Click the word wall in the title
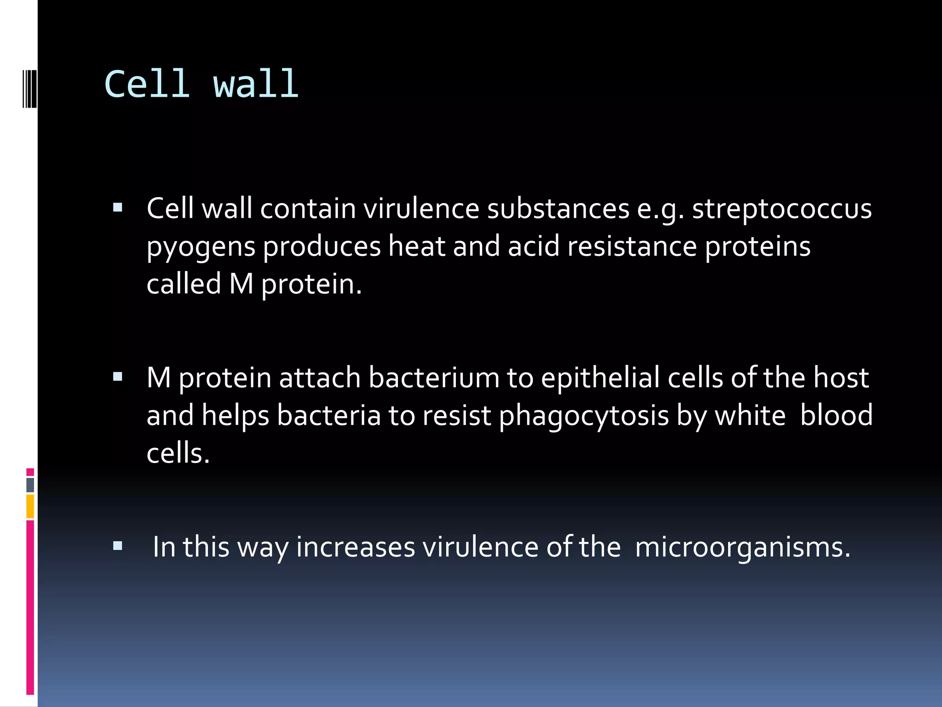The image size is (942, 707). pyautogui.click(x=256, y=84)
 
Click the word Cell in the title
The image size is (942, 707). pyautogui.click(x=147, y=84)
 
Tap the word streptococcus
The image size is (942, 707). pyautogui.click(x=781, y=209)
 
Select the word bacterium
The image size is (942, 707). pyautogui.click(x=434, y=378)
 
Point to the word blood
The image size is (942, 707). pyautogui.click(x=836, y=415)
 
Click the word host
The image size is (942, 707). pyautogui.click(x=841, y=378)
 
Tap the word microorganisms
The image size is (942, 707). pyautogui.click(x=742, y=547)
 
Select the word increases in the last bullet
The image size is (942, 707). pyautogui.click(x=355, y=547)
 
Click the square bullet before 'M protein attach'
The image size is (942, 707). pyautogui.click(x=118, y=377)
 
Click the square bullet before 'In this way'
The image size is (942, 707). pyautogui.click(x=118, y=546)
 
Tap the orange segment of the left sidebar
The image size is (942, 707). pyautogui.click(x=30, y=506)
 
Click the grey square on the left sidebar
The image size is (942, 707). pyautogui.click(x=30, y=485)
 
